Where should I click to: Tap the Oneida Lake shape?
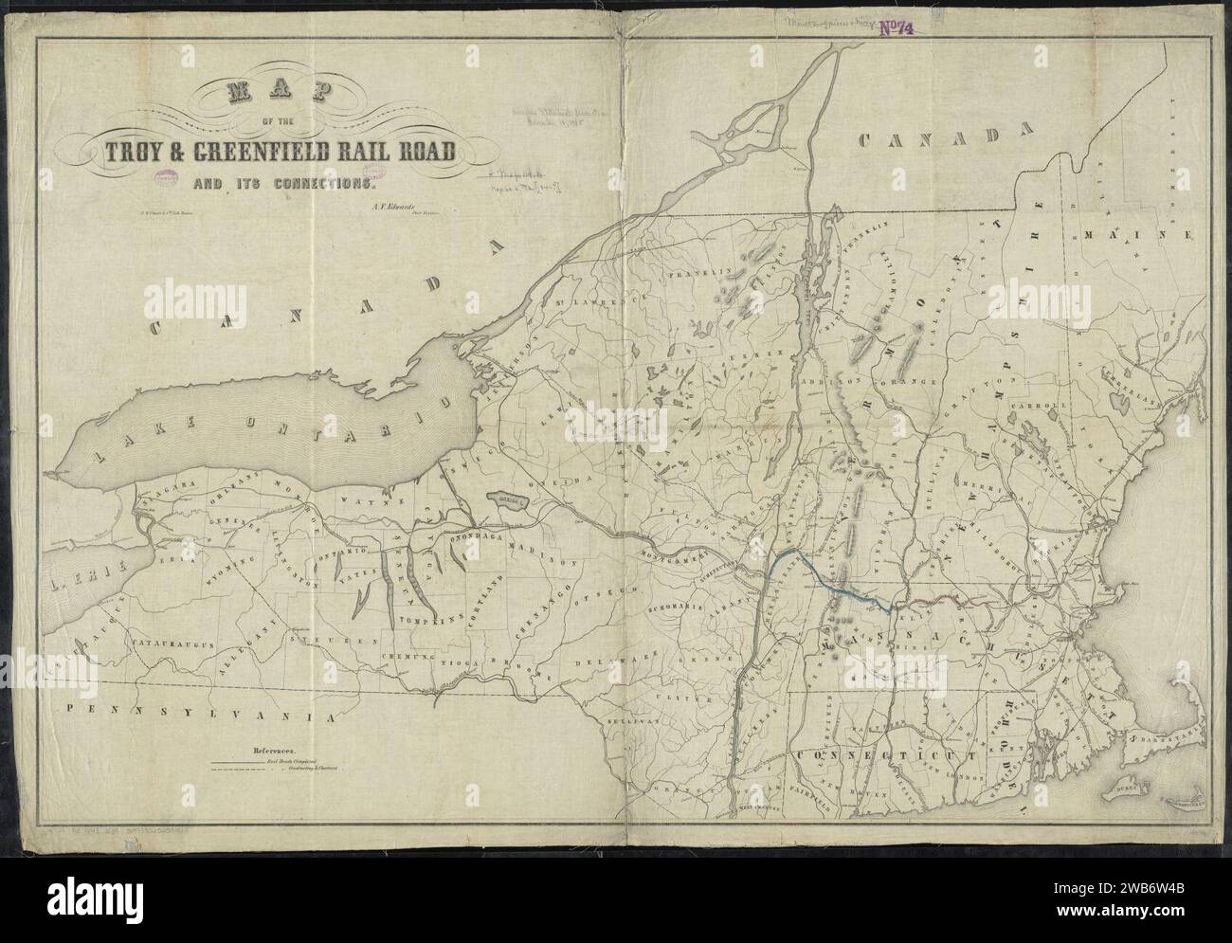508,498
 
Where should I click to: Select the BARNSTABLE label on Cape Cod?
1166,730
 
